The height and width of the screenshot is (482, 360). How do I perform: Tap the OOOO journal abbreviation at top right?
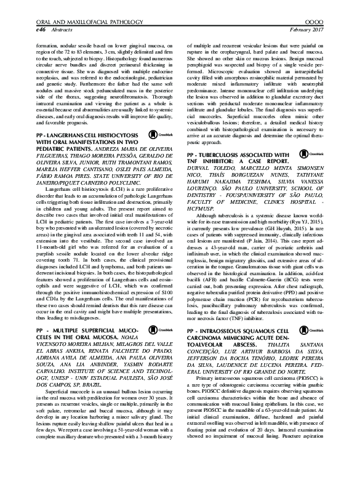point(331,21)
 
